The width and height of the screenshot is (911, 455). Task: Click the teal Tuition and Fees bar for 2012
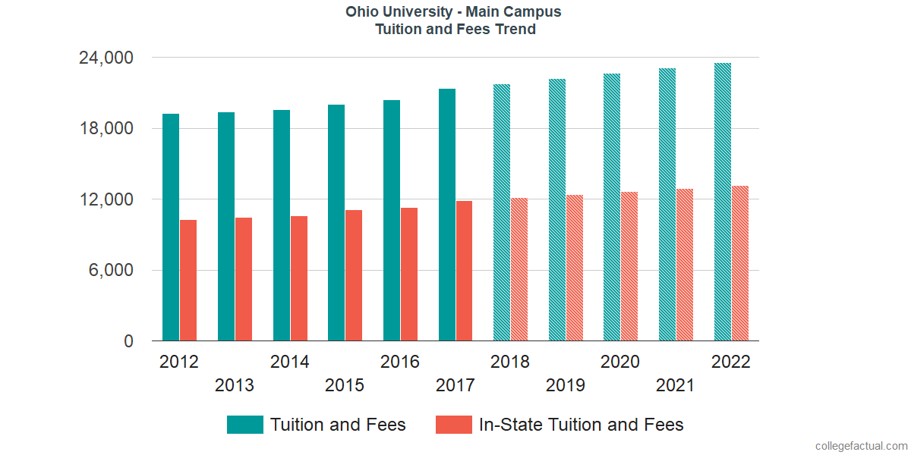(171, 227)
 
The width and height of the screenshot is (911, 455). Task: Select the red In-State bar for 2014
(298, 278)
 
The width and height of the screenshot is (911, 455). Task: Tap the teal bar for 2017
(447, 215)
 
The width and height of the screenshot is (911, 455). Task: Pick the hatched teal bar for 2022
(723, 202)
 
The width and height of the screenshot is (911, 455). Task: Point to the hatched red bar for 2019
(574, 268)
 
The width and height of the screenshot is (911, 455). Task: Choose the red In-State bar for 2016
(408, 275)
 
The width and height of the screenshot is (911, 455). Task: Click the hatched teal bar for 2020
(612, 207)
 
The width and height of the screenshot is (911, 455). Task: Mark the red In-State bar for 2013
(244, 279)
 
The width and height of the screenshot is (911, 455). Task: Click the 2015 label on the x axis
(345, 385)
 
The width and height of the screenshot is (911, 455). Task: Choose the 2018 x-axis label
(510, 362)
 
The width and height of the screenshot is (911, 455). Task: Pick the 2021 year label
(676, 385)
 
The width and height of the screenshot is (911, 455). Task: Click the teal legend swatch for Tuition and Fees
(245, 425)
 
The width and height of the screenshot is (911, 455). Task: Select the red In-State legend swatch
(454, 425)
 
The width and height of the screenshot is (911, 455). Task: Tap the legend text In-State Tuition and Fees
(581, 425)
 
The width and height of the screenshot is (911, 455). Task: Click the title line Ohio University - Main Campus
(454, 12)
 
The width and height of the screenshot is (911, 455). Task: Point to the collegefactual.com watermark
(861, 446)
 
